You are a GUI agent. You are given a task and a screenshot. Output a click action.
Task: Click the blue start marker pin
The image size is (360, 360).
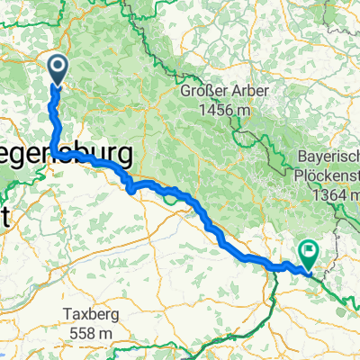[x=58, y=68]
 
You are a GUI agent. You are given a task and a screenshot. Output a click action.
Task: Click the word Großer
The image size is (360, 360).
[x=203, y=92]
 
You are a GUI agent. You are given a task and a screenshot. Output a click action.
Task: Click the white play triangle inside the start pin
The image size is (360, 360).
[x=58, y=67]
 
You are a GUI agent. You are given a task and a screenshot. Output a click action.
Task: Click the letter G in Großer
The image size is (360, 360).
[x=185, y=92]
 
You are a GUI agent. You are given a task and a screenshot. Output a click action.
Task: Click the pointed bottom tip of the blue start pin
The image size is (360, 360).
[x=58, y=85]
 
